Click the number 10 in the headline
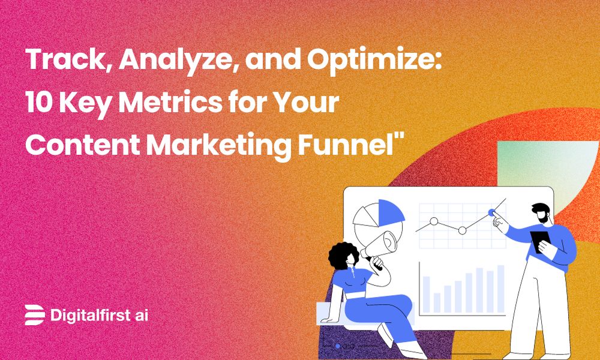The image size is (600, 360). pyautogui.click(x=39, y=104)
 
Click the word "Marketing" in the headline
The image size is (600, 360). pyautogui.click(x=235, y=145)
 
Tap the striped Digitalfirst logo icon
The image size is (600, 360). pyautogui.click(x=35, y=314)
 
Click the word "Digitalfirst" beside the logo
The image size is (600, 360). pyautogui.click(x=91, y=314)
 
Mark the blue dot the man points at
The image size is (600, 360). pyautogui.click(x=492, y=212)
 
